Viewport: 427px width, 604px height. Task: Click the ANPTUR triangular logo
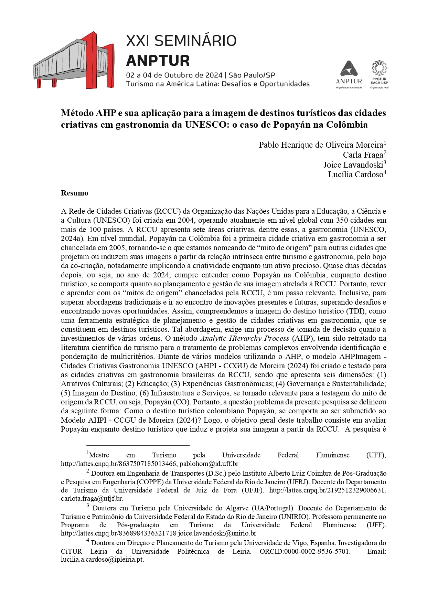pos(349,69)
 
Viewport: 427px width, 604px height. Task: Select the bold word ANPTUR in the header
pos(158,61)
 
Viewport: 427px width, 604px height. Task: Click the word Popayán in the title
pos(291,125)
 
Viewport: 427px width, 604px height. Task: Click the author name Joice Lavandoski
pos(353,165)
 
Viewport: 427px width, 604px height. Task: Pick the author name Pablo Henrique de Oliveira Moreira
pos(321,145)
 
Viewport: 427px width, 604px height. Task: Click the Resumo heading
pos(74,193)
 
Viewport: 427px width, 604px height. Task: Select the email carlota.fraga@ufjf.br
pos(92,498)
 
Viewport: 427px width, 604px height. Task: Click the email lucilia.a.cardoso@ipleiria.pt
pos(102,560)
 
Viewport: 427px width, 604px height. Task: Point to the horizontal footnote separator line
pos(138,445)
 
